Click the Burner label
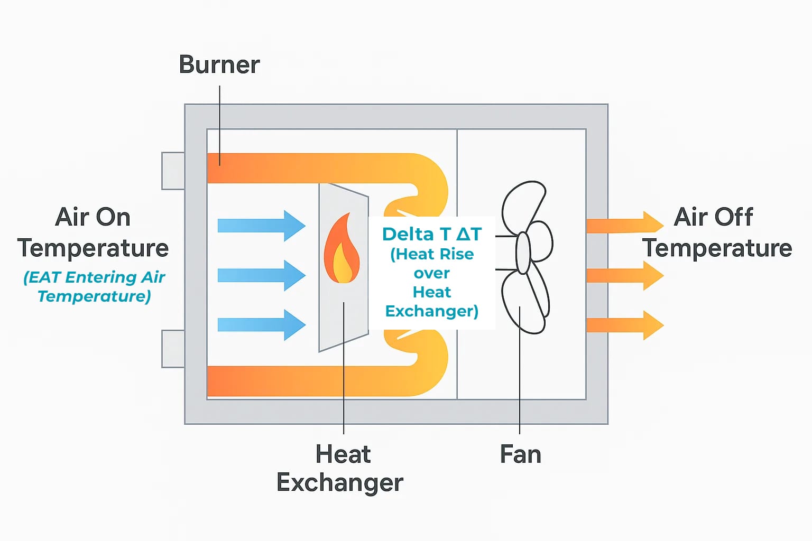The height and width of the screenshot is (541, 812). [219, 65]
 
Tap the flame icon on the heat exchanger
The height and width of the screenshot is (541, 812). [342, 249]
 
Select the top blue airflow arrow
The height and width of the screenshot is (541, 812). [261, 226]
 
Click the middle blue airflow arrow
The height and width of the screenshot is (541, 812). [261, 275]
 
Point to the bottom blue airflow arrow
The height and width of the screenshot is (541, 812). [261, 324]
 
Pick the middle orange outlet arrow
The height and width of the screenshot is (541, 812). [624, 275]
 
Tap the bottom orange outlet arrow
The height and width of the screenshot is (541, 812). [624, 325]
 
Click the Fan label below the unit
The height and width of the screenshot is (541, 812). [521, 455]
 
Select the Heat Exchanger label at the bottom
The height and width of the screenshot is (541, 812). [340, 469]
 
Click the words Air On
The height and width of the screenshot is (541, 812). [93, 217]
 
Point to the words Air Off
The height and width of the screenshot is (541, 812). [714, 217]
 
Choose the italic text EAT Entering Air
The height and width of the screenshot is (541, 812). [95, 277]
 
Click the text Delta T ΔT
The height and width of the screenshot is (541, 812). [432, 234]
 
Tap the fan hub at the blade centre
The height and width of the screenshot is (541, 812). [523, 253]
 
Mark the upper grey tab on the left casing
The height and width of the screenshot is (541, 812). [173, 171]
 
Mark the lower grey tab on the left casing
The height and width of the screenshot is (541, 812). [173, 349]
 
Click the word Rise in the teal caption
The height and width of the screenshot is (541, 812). [459, 254]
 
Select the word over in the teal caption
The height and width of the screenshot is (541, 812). [432, 273]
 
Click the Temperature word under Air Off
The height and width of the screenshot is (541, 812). [717, 248]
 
